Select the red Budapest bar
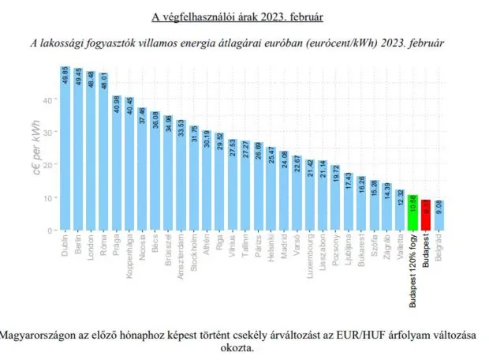pos(426,215)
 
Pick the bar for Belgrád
pos(439,216)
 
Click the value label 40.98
pos(116,107)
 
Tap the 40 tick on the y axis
pos(46,99)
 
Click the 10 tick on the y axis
pos(46,197)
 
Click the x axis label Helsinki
pos(271,247)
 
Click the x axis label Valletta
pos(400,247)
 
